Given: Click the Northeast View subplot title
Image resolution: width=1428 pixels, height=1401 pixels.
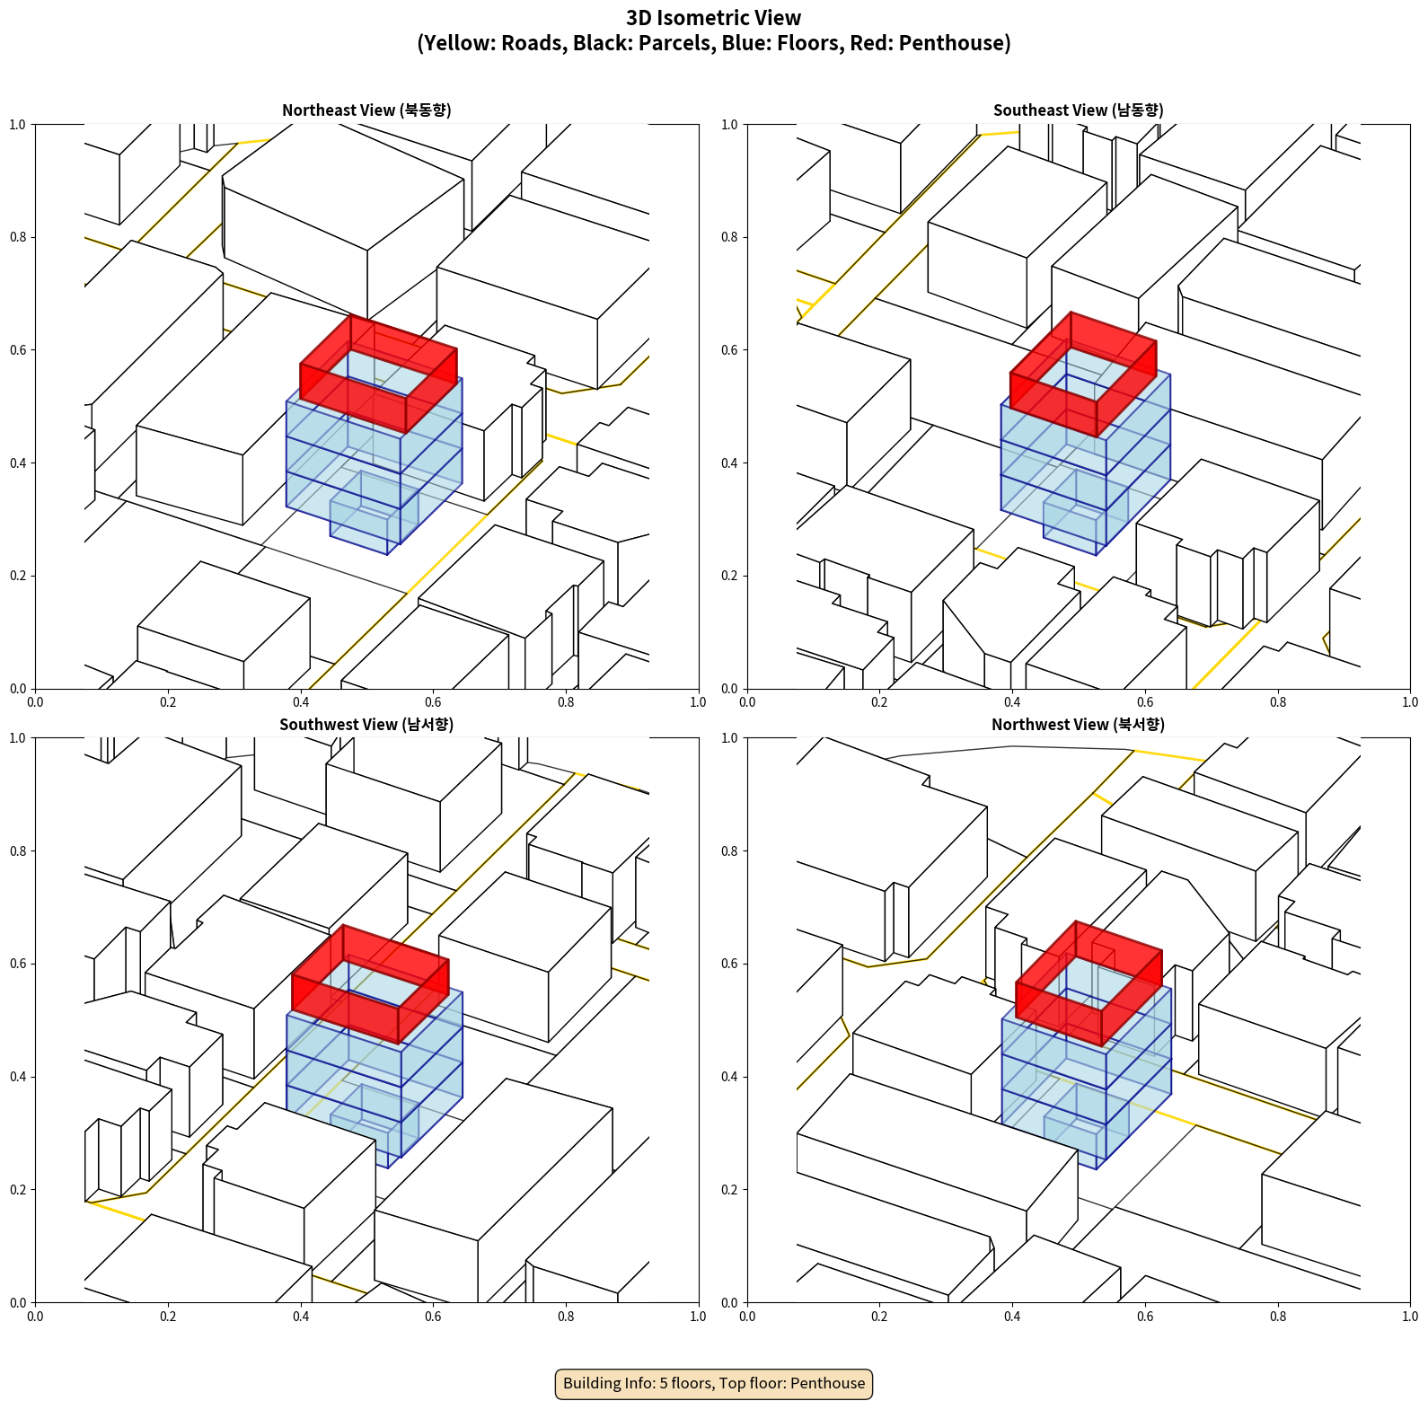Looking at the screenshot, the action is pyautogui.click(x=366, y=110).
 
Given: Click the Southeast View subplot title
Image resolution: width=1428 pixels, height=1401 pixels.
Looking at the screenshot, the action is pyautogui.click(x=1078, y=110).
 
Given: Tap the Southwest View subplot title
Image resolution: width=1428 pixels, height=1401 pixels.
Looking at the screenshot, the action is pyautogui.click(x=366, y=725).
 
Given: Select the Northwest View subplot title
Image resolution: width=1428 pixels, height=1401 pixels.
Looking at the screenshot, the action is pyautogui.click(x=1078, y=725).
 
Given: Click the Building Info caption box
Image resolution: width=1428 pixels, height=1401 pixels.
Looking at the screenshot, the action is pyautogui.click(x=714, y=1383).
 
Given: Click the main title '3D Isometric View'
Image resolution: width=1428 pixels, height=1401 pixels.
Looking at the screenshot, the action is pyautogui.click(x=714, y=18).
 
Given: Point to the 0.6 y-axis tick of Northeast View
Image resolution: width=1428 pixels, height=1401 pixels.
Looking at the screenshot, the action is pyautogui.click(x=18, y=350).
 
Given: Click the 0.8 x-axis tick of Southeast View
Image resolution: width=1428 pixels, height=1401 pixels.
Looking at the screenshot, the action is pyautogui.click(x=1278, y=702).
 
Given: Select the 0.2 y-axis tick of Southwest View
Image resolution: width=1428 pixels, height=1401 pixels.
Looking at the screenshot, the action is pyautogui.click(x=18, y=1190).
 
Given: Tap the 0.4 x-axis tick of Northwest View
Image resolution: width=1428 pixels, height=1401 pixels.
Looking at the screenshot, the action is pyautogui.click(x=1012, y=1317).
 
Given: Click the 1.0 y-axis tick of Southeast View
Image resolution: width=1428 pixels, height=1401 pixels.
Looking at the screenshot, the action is pyautogui.click(x=729, y=125).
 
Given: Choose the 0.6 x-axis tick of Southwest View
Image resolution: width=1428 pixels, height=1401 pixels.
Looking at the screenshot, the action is pyautogui.click(x=433, y=1317).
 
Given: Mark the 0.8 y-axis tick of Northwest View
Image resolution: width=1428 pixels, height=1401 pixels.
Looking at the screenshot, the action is pyautogui.click(x=729, y=851).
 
